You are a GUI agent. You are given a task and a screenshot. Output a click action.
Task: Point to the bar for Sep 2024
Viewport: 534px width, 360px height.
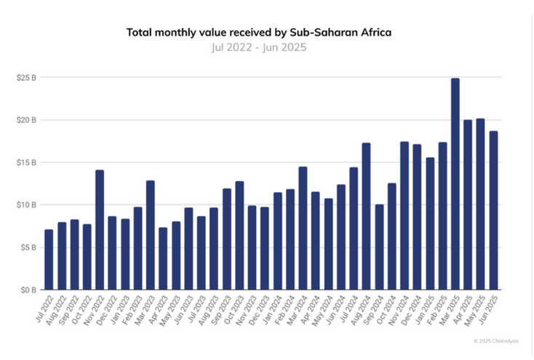point(379,247)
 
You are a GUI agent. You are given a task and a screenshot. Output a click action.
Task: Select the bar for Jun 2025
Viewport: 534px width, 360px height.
point(493,210)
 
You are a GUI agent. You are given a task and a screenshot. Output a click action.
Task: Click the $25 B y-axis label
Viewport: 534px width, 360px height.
point(26,77)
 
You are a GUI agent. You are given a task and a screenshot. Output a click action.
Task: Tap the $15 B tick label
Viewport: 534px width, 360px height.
point(26,162)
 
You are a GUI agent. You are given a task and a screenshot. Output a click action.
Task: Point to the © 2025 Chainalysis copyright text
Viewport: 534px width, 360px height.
point(500,340)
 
